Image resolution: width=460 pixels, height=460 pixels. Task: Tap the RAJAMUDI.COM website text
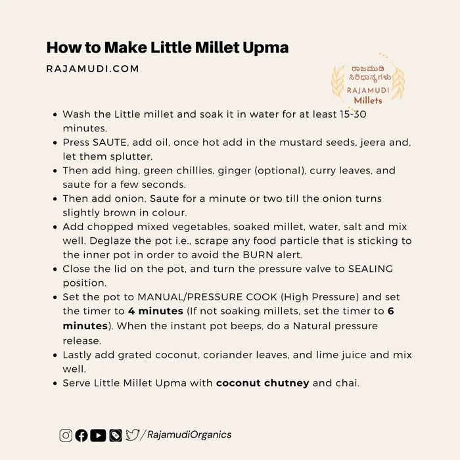[x=92, y=68]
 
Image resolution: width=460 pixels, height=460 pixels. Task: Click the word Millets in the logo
[x=368, y=101]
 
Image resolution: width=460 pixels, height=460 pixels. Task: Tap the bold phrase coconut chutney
[x=263, y=382]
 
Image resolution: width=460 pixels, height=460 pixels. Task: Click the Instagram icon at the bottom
[x=66, y=434]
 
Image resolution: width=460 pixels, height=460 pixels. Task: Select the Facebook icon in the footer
[x=81, y=434]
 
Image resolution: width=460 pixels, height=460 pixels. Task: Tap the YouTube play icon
[x=98, y=434]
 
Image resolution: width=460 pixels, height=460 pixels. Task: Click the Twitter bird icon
[x=132, y=434]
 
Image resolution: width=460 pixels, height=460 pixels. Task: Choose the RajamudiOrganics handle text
[x=191, y=434]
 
